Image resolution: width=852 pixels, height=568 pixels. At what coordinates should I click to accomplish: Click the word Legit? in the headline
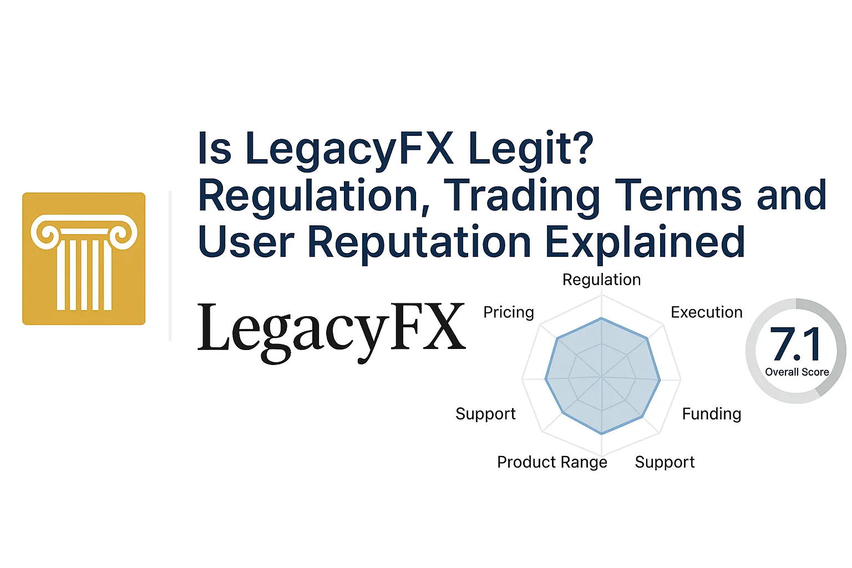coord(531,149)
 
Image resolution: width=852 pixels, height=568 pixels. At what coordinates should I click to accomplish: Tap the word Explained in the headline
coord(645,242)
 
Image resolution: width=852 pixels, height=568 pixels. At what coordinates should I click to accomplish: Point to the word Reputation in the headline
coord(419,242)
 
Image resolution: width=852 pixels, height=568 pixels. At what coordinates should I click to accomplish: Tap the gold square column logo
coord(84,258)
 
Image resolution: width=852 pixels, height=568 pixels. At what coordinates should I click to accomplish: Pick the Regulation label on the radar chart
coord(601,280)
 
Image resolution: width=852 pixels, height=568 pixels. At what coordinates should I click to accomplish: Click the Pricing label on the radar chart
coord(509,312)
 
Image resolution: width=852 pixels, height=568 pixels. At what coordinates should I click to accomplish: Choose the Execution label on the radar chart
coord(706,312)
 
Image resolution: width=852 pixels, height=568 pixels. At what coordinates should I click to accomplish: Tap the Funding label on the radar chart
coord(711,414)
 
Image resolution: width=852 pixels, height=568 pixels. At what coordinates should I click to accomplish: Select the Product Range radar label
coord(552,462)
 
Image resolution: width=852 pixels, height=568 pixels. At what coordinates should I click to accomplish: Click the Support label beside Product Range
coord(665,462)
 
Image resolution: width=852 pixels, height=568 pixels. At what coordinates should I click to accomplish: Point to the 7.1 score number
coord(795,344)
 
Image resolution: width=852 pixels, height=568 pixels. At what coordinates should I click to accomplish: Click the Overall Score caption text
coord(797,372)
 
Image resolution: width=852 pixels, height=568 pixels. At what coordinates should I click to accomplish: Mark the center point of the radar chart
coord(602,379)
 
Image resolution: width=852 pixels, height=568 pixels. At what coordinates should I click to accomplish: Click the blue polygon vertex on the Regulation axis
coord(601,318)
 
